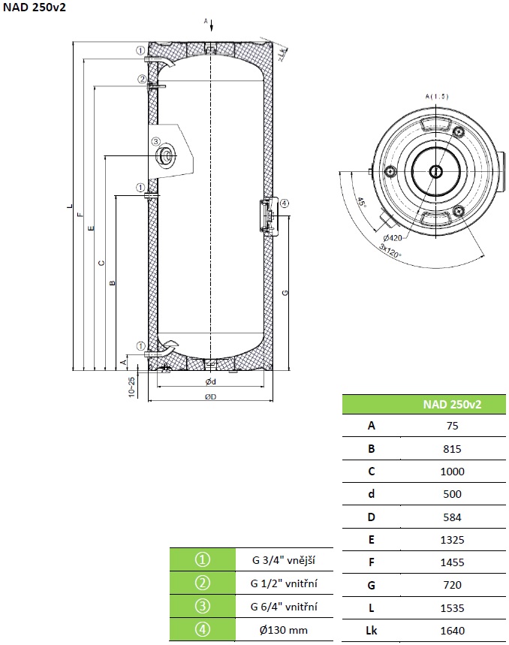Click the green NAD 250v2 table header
tap(452, 404)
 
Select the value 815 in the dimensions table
tap(452, 449)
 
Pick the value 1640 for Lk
tap(452, 631)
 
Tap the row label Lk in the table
tap(371, 631)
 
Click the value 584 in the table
tap(452, 517)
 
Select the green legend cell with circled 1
tap(200, 559)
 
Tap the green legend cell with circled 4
tap(200, 630)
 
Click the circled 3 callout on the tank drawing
tap(155, 141)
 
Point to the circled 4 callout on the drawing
tap(284, 203)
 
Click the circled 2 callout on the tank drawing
tap(141, 79)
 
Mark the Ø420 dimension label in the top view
tap(391, 239)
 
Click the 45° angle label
tap(361, 203)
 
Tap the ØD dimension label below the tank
tap(210, 396)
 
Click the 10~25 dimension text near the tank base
tap(131, 386)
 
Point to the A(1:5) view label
tap(436, 97)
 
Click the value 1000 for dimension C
tap(452, 472)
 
